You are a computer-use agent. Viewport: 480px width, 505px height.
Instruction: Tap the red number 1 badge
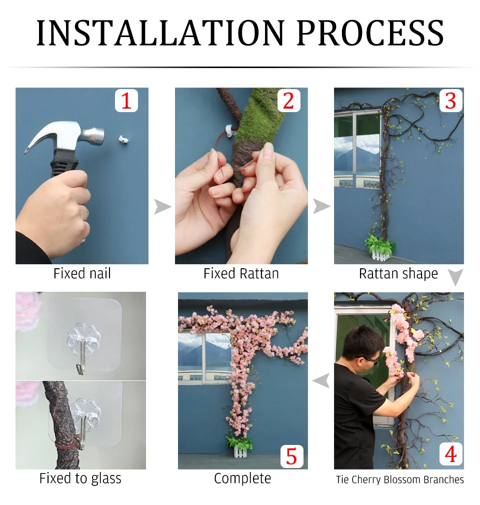[126, 101]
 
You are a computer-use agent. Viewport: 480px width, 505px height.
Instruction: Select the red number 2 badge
[288, 101]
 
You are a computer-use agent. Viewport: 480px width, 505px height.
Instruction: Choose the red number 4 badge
[450, 454]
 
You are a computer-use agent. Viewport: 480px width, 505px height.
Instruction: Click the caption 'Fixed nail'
[82, 274]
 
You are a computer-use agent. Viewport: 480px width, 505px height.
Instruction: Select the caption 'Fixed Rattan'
[241, 274]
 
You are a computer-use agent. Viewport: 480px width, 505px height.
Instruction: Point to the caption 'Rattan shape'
[398, 274]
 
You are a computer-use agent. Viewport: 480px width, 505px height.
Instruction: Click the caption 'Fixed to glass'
[80, 478]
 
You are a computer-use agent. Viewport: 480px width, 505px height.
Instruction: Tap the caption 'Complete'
[242, 478]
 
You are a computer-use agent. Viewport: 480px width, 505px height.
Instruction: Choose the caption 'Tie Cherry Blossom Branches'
[399, 479]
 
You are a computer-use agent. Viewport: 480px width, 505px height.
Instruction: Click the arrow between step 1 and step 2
[162, 206]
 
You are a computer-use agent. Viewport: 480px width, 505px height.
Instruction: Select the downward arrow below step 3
[455, 277]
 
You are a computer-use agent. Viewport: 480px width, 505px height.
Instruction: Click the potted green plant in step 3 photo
[379, 244]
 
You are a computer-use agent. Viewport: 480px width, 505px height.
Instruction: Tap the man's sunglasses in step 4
[369, 359]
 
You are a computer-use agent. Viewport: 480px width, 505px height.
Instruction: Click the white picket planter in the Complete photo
[242, 450]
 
